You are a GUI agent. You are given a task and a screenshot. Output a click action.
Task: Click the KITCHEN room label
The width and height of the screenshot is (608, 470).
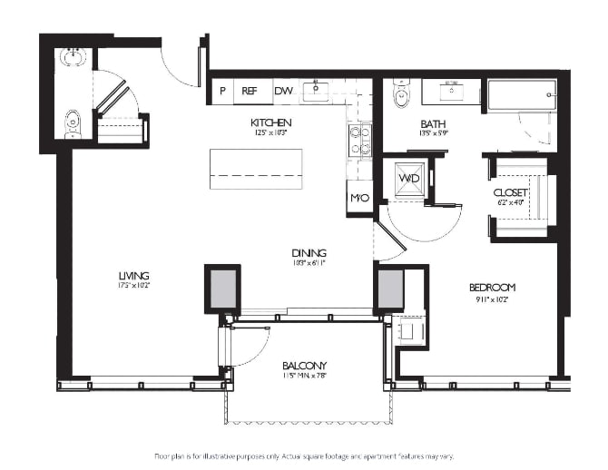click(270, 122)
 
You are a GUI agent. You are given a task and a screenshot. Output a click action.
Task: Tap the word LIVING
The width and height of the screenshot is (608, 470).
click(133, 276)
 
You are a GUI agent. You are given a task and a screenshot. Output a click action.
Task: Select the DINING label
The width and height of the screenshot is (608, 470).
click(309, 253)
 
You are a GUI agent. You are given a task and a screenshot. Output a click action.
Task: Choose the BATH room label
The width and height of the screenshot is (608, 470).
click(432, 123)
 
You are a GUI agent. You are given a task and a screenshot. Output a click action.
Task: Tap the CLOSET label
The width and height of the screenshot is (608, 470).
click(510, 193)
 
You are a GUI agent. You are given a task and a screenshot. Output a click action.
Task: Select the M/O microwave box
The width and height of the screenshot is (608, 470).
click(359, 198)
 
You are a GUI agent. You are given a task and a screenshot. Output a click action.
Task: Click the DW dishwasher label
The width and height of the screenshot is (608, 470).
click(283, 91)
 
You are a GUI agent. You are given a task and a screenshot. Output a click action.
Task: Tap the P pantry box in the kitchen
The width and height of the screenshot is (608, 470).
click(222, 91)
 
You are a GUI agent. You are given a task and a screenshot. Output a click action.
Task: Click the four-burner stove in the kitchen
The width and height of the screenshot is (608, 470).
click(359, 140)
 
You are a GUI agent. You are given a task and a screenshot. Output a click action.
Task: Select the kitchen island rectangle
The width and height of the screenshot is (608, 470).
click(256, 169)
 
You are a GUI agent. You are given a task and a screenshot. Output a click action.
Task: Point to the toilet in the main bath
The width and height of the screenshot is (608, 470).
click(400, 93)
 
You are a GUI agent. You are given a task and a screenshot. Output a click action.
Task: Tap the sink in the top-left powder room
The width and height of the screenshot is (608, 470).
click(72, 57)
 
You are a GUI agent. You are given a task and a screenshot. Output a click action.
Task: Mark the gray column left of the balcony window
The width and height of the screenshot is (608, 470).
click(222, 289)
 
